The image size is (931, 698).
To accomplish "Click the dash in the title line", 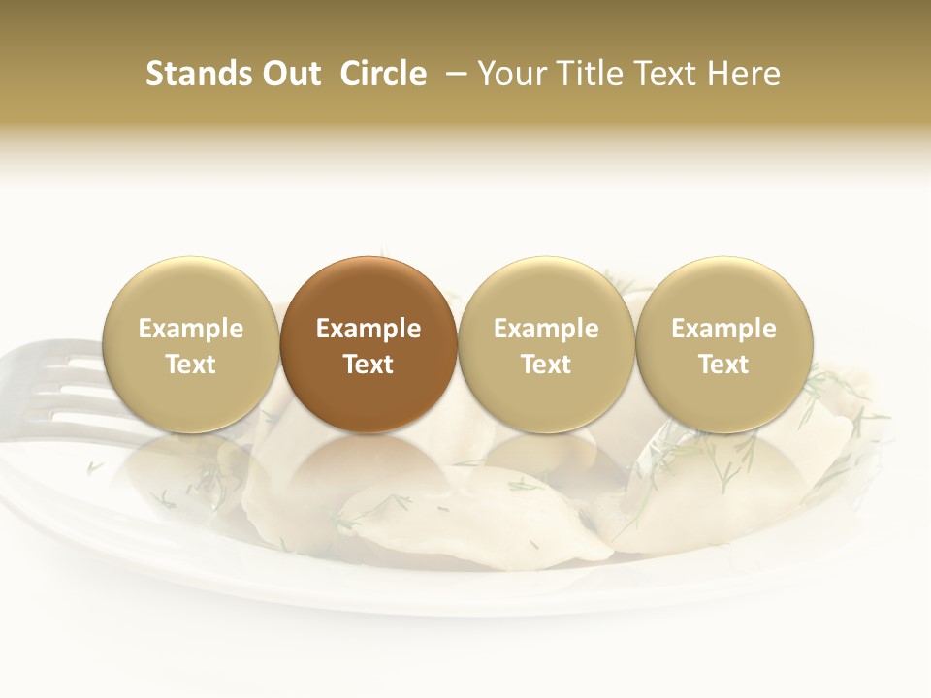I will [452, 75].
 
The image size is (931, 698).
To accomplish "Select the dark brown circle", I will [369, 344].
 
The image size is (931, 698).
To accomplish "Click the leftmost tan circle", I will [191, 344].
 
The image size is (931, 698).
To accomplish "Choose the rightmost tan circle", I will [724, 344].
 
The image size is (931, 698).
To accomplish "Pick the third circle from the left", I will [546, 344].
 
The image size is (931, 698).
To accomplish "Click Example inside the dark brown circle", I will [369, 329].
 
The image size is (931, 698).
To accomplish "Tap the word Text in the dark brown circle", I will [369, 365].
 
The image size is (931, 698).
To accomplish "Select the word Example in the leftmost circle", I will [191, 329].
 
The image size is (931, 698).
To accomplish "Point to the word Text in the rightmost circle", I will [724, 365].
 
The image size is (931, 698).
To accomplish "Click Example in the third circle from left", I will [546, 329].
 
